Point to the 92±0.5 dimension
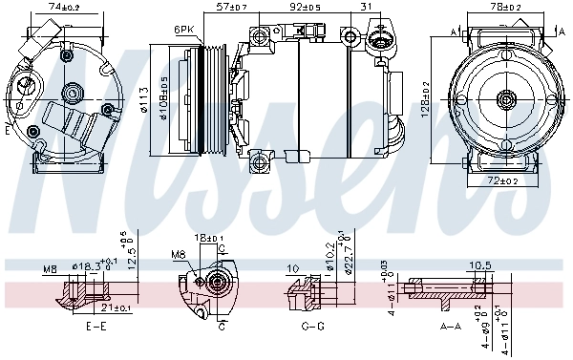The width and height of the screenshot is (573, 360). pos(306,8)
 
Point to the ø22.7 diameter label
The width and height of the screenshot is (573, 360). pos(348,256)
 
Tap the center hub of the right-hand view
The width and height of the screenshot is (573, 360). pos(506,98)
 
